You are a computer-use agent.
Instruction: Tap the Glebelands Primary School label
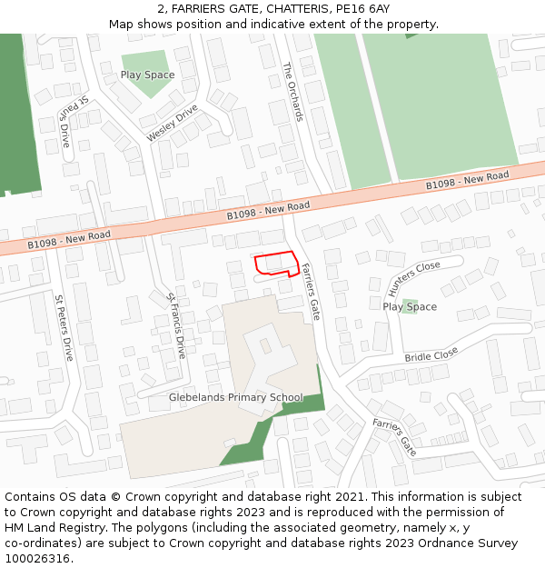point(236,398)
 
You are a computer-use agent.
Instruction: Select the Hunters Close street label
point(414,278)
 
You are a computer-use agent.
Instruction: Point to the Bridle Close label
point(431,356)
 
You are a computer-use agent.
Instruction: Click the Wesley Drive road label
point(172,123)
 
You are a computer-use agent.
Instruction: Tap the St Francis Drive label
point(176,324)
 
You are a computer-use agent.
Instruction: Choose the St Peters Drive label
point(63,327)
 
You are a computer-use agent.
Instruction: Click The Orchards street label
point(292,92)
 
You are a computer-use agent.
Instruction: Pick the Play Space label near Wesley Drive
point(147,75)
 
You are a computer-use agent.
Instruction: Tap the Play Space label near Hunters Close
point(410,307)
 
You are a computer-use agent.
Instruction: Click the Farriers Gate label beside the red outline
point(311,292)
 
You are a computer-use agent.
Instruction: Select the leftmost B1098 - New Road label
point(69,239)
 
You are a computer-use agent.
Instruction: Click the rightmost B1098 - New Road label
point(468,180)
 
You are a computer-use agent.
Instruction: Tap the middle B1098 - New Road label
point(268,210)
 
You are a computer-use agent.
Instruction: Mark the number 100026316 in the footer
point(38,558)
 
